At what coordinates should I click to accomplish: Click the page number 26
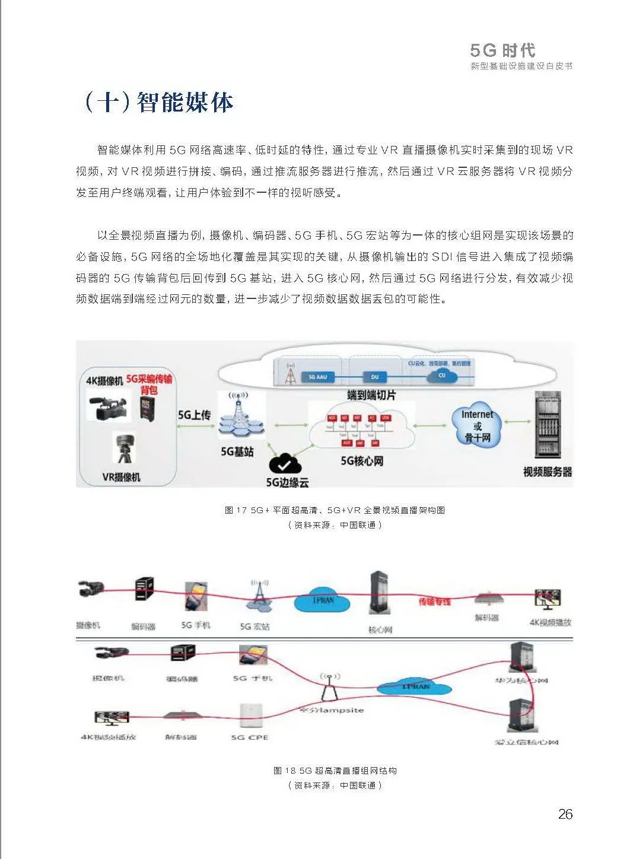(565, 814)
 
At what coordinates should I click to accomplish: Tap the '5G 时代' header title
(502, 50)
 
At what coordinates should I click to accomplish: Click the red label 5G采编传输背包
(149, 384)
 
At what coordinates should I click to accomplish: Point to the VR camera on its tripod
(124, 448)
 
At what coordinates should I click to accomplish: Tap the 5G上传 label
(194, 415)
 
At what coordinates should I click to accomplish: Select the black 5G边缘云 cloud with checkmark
(285, 463)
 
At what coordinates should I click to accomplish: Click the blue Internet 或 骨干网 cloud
(477, 426)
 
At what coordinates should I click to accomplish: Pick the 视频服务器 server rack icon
(546, 425)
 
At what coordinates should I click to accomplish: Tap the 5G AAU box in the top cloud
(317, 377)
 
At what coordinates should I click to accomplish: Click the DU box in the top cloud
(374, 377)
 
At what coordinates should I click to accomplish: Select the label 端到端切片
(371, 395)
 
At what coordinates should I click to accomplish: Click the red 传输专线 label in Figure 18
(434, 602)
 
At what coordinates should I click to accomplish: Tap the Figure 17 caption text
(335, 510)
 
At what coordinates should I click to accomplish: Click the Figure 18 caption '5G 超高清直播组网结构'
(335, 771)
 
